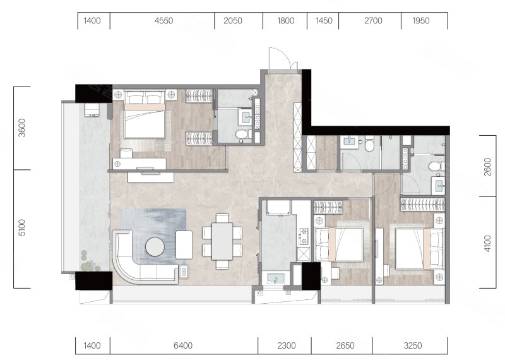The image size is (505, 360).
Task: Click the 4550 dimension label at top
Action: pyautogui.click(x=163, y=21)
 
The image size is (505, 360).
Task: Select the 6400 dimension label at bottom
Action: pyautogui.click(x=183, y=345)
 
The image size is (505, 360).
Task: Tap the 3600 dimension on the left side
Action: pyautogui.click(x=22, y=128)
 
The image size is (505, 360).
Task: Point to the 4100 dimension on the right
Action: pyautogui.click(x=487, y=244)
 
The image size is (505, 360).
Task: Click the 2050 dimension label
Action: pyautogui.click(x=233, y=21)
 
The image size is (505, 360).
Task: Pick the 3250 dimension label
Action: pyautogui.click(x=413, y=345)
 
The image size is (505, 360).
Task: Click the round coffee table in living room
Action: pyautogui.click(x=155, y=247)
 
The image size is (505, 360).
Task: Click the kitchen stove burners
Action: pyautogui.click(x=304, y=236)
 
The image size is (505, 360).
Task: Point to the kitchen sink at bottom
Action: pyautogui.click(x=276, y=278)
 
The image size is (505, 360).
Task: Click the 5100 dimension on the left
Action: pyautogui.click(x=22, y=227)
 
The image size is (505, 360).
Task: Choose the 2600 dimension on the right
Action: pyautogui.click(x=487, y=167)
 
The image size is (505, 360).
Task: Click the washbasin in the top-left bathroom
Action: pyautogui.click(x=247, y=116)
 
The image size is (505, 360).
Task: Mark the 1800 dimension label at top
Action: pyautogui.click(x=285, y=21)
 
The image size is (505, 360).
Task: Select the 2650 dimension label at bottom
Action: pyautogui.click(x=345, y=345)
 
